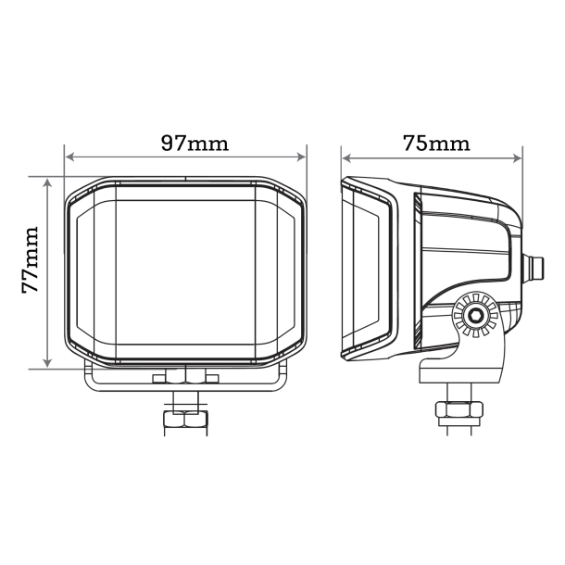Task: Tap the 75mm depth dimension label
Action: tap(436, 143)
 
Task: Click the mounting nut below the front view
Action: tap(184, 420)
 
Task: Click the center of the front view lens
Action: tap(185, 272)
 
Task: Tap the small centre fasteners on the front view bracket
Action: tap(186, 378)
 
